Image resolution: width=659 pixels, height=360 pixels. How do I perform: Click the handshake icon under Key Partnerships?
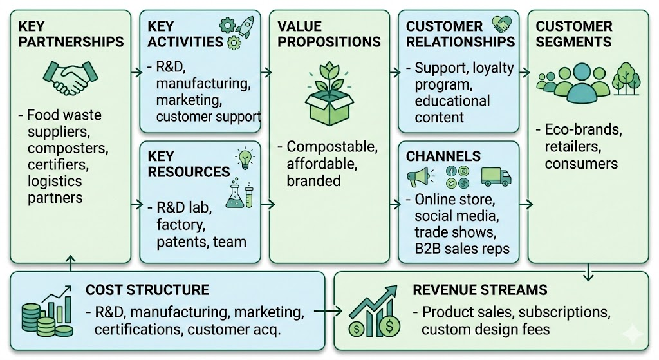pos(69,78)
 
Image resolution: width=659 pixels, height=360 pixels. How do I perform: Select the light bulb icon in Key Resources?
pos(245,158)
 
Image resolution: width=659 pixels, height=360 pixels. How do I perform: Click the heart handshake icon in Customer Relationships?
pos(502,24)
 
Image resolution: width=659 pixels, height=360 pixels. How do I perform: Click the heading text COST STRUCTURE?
pos(147,290)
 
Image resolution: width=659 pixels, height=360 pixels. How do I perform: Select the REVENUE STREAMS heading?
pos(480,290)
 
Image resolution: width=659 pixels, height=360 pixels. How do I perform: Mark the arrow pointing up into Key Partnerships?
pos(70,262)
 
